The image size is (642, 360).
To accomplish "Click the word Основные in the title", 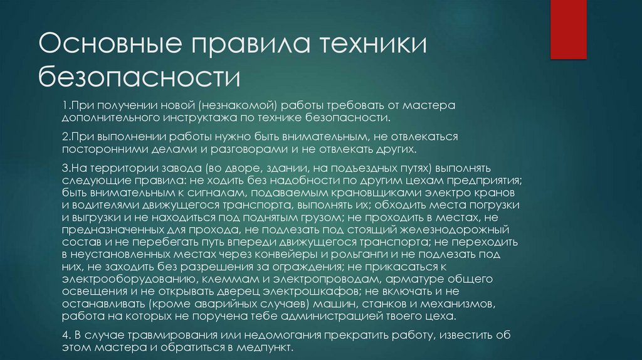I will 111,48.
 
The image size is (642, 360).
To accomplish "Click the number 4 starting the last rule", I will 66,334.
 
